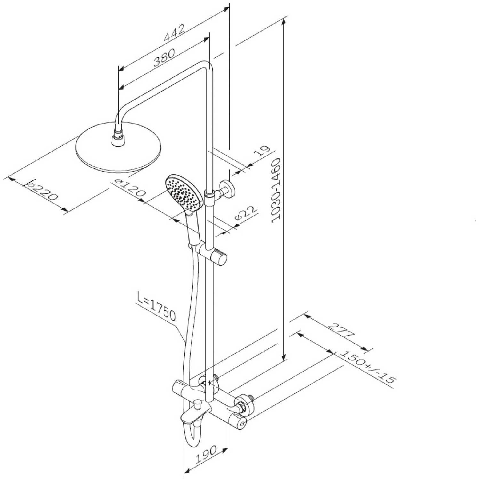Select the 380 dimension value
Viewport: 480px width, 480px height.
click(164, 57)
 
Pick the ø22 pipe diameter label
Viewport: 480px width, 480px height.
click(246, 213)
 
